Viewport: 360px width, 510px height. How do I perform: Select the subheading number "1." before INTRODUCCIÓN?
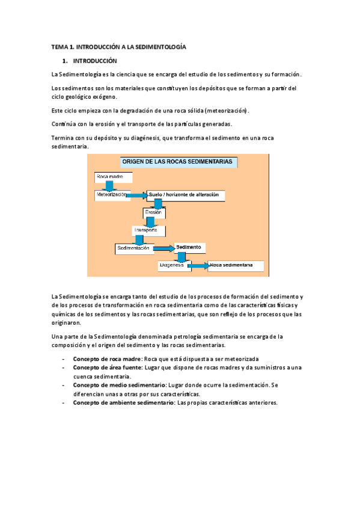(x=65, y=61)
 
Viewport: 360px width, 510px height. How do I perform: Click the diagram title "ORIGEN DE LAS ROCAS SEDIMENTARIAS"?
(x=179, y=162)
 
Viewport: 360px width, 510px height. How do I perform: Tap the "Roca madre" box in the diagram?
(x=112, y=177)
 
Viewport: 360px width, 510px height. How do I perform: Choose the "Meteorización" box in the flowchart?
(x=111, y=195)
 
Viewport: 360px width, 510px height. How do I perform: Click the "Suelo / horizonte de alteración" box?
(x=186, y=195)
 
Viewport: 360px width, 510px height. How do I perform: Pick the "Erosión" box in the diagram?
(x=154, y=212)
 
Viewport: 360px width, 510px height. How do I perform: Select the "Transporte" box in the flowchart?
(x=148, y=230)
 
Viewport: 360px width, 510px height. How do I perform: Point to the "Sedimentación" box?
(x=134, y=248)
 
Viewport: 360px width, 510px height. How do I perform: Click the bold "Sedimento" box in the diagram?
(x=191, y=247)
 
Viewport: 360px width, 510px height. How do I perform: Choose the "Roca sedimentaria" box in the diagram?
(x=235, y=265)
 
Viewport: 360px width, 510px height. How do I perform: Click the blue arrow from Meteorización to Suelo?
(x=137, y=195)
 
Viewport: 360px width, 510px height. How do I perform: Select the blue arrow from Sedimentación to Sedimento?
(x=163, y=248)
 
